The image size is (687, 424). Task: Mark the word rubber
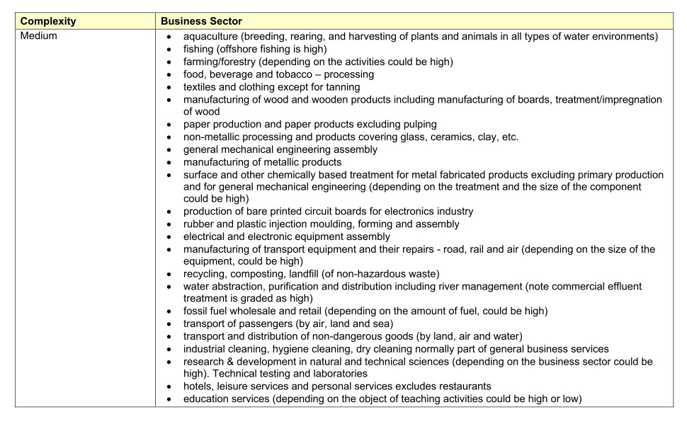(x=199, y=224)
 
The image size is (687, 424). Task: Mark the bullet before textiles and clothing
(x=168, y=87)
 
